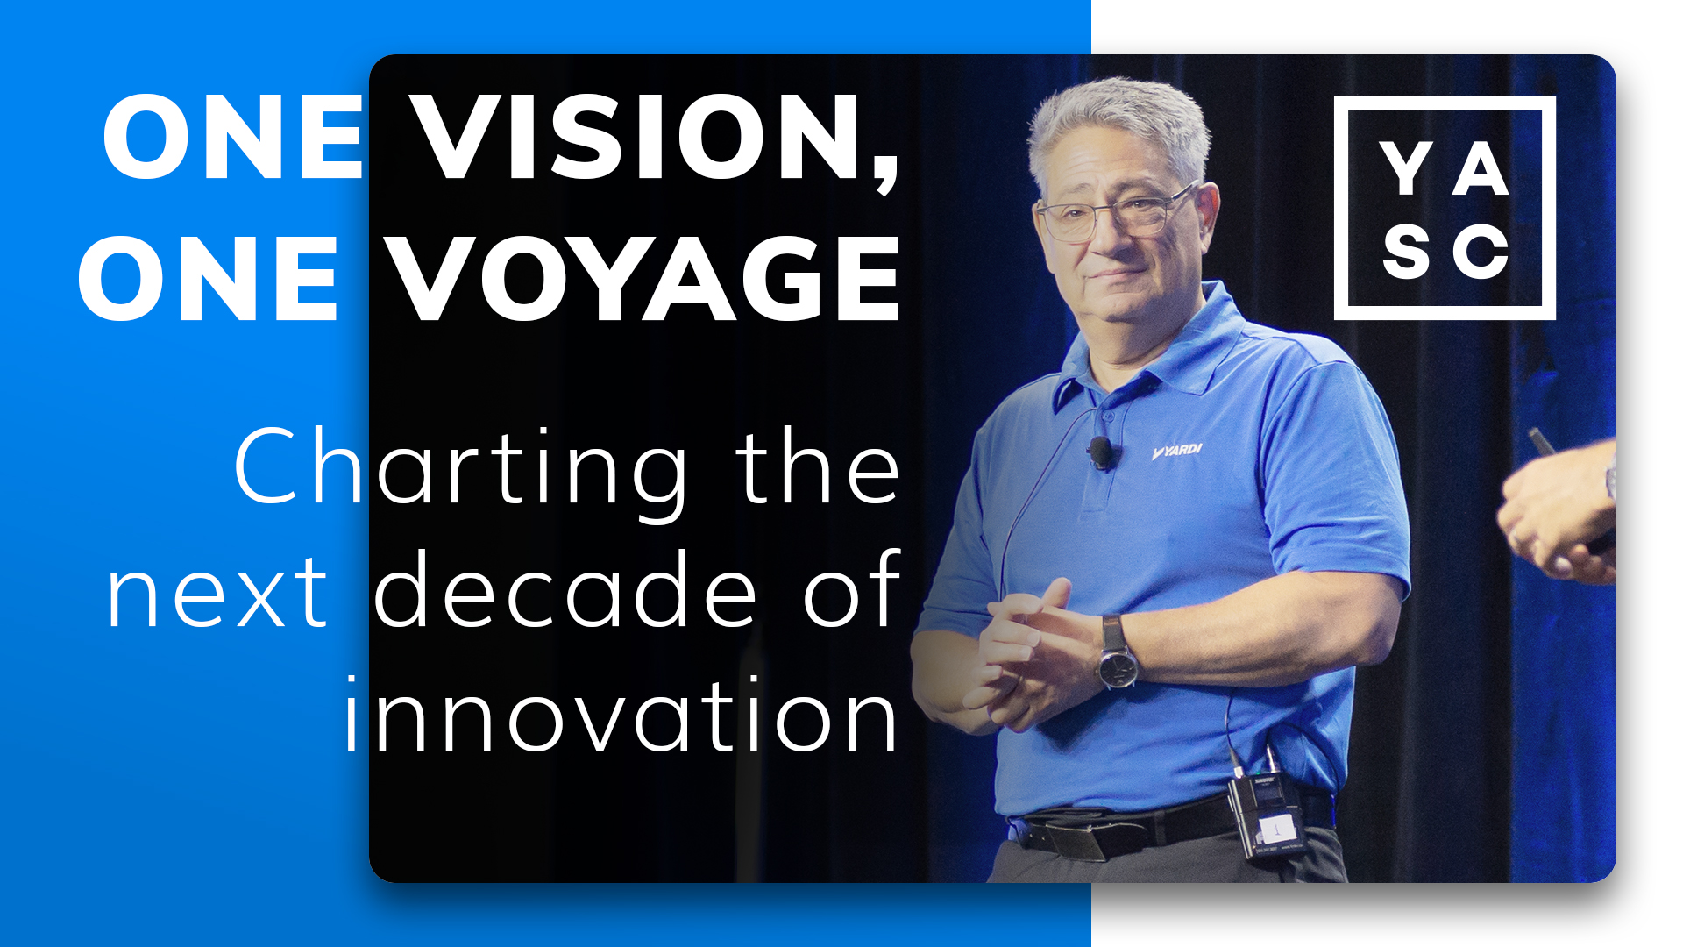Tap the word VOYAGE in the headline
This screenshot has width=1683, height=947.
click(645, 279)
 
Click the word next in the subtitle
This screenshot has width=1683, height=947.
click(217, 595)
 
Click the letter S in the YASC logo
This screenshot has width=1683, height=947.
click(1406, 252)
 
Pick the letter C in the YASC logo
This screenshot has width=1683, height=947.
click(1481, 252)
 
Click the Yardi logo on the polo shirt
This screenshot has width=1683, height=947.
click(1176, 452)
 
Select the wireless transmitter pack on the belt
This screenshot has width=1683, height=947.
click(1267, 815)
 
